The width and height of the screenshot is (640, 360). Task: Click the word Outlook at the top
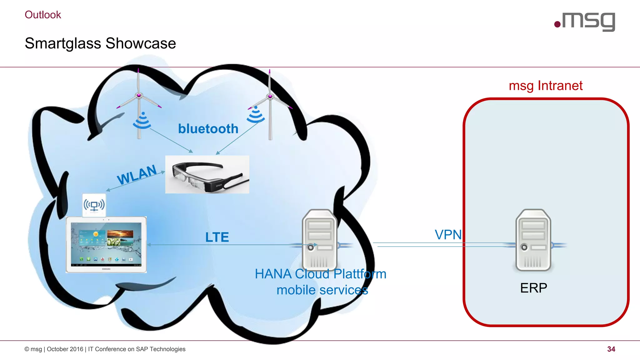43,15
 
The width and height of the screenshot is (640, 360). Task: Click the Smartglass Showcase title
100,43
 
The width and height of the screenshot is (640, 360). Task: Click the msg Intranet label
546,86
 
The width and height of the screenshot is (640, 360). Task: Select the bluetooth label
208,129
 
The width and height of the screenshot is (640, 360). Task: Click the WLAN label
137,175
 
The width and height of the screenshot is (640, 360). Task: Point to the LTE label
217,237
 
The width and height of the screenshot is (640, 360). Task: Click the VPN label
448,234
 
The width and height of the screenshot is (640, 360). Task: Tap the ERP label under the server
533,288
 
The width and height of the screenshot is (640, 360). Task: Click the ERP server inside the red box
533,240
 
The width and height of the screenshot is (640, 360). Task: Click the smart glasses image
207,174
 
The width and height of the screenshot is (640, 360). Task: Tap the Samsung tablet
106,245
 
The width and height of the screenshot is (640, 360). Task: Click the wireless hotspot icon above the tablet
94,205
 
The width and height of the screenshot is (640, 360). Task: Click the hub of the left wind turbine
139,95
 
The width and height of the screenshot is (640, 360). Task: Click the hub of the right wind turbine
270,96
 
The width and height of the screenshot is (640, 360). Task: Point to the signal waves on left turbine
142,121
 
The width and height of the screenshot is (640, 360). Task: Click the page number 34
611,349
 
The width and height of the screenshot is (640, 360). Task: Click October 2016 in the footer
65,349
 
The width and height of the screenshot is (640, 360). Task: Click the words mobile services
322,290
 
